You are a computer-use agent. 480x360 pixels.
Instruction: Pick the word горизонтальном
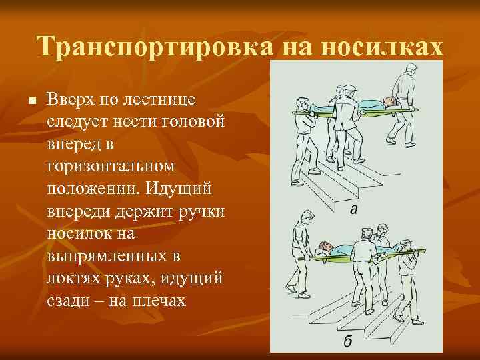coord(110,166)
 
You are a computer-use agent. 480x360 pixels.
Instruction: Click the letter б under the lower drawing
coord(348,343)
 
